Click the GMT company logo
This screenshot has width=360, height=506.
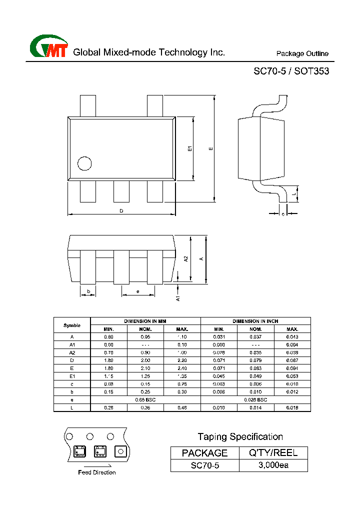(x=48, y=47)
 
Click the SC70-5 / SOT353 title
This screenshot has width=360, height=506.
(x=291, y=71)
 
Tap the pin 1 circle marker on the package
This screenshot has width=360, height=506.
(x=84, y=163)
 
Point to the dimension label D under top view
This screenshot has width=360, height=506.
(x=121, y=211)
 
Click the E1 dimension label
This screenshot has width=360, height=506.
(x=189, y=148)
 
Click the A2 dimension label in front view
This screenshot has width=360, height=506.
(x=186, y=259)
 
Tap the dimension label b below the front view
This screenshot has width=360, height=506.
(x=88, y=291)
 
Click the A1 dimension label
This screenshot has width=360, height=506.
(x=177, y=297)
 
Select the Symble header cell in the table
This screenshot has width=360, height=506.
(x=72, y=325)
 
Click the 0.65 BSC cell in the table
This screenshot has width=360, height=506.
(x=145, y=400)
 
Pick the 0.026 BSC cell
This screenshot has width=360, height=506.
(x=255, y=400)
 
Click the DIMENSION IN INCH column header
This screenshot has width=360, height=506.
(x=255, y=321)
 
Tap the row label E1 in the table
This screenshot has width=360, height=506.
(x=72, y=376)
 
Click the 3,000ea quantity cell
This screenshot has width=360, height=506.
(x=273, y=465)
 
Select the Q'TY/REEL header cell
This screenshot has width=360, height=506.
(x=273, y=453)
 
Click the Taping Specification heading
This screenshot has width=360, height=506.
(x=240, y=437)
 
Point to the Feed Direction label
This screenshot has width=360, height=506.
(x=97, y=472)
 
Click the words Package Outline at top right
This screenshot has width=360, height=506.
(x=302, y=54)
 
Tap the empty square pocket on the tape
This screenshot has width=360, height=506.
(x=120, y=451)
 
